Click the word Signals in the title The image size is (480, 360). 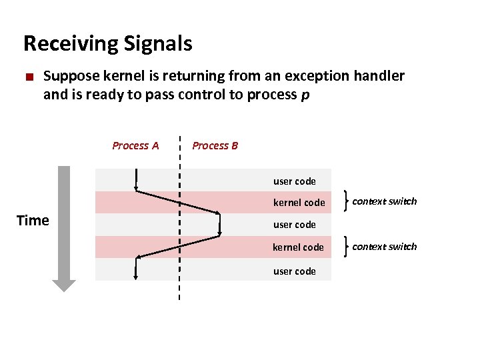pos(158,44)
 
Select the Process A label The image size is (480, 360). pos(135,145)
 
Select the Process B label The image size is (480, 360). pos(215,145)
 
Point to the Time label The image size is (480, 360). pos(33,221)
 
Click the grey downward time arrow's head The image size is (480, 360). pos(65,285)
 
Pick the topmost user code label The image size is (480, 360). pos(294,181)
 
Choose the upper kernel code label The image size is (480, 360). pos(299,202)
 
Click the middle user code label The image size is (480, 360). pos(294,225)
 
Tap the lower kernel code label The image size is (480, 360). pos(298,247)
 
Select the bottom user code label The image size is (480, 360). pos(294,271)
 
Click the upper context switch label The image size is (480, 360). pos(384,201)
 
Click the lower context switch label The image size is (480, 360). pos(384,246)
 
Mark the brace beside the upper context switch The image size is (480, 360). pos(345,201)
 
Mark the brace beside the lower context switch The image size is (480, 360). pos(345,246)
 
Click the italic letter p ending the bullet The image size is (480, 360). pos(305,95)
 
